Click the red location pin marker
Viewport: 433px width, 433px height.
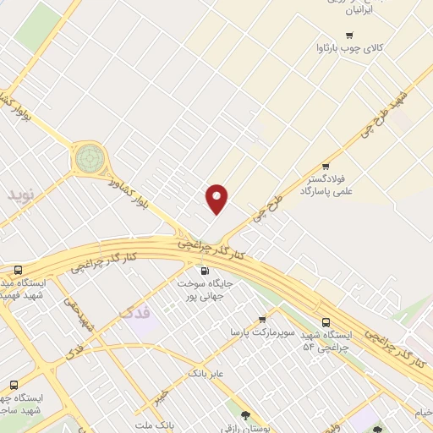pos(217,199)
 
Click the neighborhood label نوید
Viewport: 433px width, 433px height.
pos(24,195)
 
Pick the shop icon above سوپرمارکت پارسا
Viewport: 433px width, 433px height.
pos(262,319)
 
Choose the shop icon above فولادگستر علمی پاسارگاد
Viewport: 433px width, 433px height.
pos(326,166)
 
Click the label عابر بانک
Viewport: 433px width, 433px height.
pos(205,371)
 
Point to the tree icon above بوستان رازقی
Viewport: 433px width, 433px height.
pos(245,414)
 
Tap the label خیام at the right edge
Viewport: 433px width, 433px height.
pos(422,412)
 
